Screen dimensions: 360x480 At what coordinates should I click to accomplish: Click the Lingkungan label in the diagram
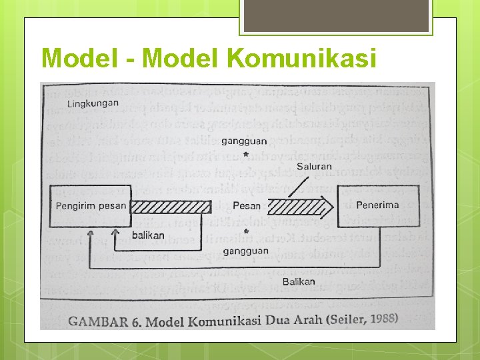click(93, 103)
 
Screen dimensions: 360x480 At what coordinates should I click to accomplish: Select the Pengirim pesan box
click(91, 205)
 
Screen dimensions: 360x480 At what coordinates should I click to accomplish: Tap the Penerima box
click(377, 205)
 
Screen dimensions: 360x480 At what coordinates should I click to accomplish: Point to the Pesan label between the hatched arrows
click(247, 206)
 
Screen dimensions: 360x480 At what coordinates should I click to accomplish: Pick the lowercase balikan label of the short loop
click(148, 235)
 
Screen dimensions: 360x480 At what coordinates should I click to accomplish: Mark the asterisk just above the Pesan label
click(246, 155)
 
